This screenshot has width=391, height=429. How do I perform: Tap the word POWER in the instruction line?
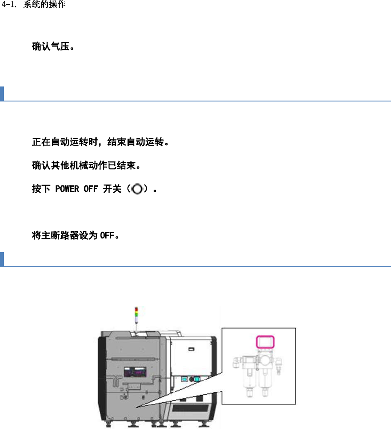[67, 189]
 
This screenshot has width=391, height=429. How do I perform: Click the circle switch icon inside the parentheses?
[138, 189]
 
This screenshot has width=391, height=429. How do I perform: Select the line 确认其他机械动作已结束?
[86, 165]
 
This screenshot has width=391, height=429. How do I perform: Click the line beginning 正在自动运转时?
[100, 142]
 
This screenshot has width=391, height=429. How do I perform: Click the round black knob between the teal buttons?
[191, 379]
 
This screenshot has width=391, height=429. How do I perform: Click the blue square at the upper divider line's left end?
[2, 94]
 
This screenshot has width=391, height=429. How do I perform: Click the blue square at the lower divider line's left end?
[2, 259]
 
